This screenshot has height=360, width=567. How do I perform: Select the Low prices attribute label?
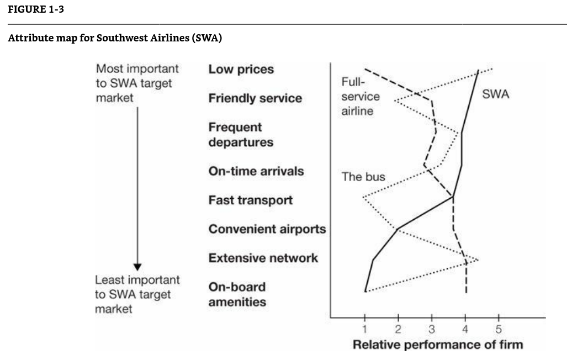click(x=241, y=69)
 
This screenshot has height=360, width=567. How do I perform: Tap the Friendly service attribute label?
click(x=255, y=98)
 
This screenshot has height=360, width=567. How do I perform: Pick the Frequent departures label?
click(x=240, y=135)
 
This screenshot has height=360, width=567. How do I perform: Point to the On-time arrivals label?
click(x=256, y=171)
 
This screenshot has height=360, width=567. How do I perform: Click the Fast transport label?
click(x=250, y=200)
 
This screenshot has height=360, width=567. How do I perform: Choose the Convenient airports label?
click(x=267, y=229)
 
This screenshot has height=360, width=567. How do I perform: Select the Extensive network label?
click(x=263, y=258)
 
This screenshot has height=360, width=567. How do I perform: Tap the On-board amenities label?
click(x=237, y=294)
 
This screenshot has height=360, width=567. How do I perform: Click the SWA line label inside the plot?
click(x=495, y=94)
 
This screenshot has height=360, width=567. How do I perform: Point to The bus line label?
click(x=363, y=177)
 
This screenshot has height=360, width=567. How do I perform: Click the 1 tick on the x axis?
click(x=365, y=330)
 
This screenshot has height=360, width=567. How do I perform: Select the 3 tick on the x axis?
click(x=432, y=330)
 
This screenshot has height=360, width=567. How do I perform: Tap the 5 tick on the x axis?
click(x=499, y=330)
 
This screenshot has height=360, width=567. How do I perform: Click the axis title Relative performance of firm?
click(x=437, y=345)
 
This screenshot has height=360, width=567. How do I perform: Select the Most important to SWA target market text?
click(x=137, y=83)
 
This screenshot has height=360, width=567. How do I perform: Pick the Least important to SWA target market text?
click(x=137, y=294)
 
